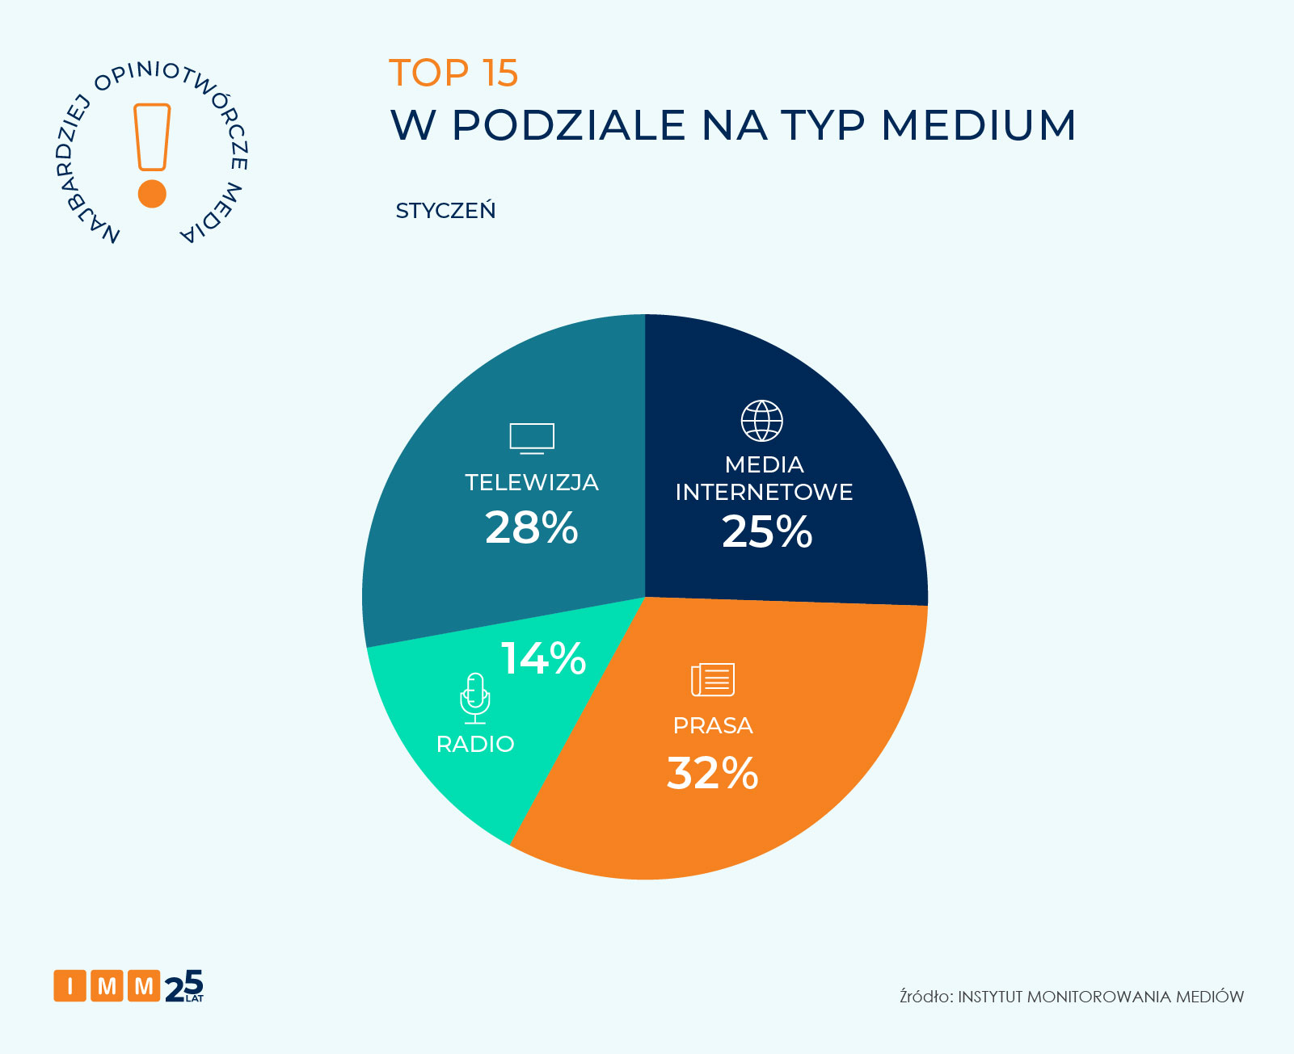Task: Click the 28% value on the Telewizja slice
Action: click(531, 527)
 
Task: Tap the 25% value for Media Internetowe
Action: click(767, 531)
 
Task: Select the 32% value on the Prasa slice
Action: click(712, 773)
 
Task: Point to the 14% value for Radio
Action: click(543, 658)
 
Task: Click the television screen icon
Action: click(532, 438)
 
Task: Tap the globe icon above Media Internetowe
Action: click(762, 421)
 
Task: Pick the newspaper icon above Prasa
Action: click(713, 679)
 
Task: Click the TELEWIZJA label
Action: click(532, 482)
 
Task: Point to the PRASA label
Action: click(713, 725)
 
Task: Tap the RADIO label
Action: click(475, 744)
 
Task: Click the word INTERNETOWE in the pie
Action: click(764, 492)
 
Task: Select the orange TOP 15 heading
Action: click(453, 73)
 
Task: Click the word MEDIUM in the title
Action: click(979, 125)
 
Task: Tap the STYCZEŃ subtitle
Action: click(445, 211)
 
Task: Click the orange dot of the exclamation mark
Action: click(152, 194)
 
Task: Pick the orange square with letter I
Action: click(70, 985)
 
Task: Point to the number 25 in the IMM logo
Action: click(184, 985)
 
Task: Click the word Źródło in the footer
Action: click(925, 997)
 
